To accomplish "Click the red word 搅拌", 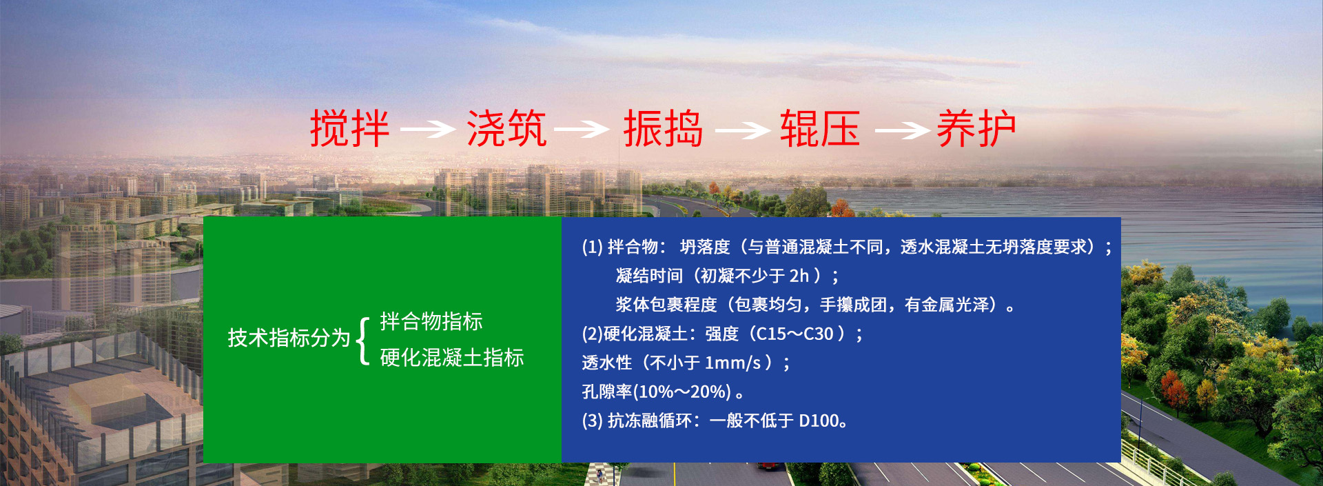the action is (349, 129).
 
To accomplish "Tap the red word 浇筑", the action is (506, 129).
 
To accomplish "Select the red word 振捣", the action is (663, 129).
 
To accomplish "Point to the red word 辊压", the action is (820, 129).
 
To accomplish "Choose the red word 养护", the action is (976, 129).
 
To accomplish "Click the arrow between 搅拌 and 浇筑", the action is (428, 129).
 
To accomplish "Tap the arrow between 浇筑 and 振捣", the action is (582, 129).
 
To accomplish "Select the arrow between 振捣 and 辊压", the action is (743, 130).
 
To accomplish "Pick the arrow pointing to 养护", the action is (902, 130).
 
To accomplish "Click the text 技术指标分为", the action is (289, 338).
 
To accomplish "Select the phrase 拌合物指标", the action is (431, 321).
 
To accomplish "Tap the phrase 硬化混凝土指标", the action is (452, 357).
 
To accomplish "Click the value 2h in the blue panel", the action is (799, 276).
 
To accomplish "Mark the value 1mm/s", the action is (732, 363).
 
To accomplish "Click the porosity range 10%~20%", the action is (681, 392).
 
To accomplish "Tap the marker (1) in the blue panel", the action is (593, 247).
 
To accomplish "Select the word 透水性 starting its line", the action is (607, 363).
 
